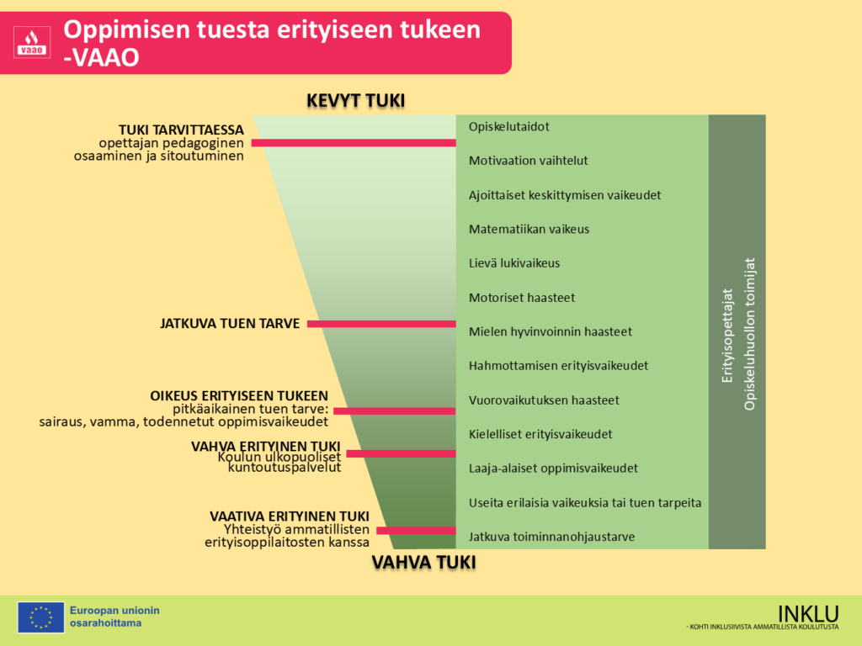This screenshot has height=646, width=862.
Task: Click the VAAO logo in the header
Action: [33, 42]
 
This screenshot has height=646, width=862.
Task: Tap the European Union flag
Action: [40, 617]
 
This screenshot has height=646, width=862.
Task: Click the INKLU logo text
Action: [807, 613]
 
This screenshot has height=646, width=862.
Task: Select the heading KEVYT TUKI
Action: [355, 101]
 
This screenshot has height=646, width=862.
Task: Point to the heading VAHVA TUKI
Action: [424, 562]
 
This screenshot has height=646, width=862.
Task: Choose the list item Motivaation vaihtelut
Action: [528, 161]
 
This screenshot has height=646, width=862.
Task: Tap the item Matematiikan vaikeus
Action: [529, 229]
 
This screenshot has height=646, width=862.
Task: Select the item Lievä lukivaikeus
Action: [513, 263]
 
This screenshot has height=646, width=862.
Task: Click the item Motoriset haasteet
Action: [521, 298]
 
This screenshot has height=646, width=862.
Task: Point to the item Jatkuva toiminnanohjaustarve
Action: [551, 537]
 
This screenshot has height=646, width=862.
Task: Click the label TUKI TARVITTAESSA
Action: [181, 130]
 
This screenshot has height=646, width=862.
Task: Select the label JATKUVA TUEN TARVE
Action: [230, 323]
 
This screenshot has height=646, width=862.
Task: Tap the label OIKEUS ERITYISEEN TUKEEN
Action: [239, 395]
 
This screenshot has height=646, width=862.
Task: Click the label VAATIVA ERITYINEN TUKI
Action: [289, 516]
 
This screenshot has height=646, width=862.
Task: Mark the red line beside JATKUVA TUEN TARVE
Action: [381, 323]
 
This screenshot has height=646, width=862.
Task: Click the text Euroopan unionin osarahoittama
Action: [114, 617]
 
